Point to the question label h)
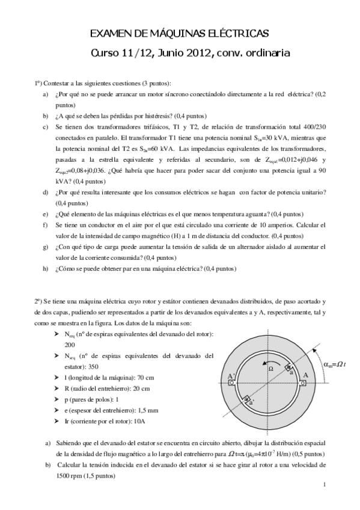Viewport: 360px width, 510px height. [46, 269]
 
